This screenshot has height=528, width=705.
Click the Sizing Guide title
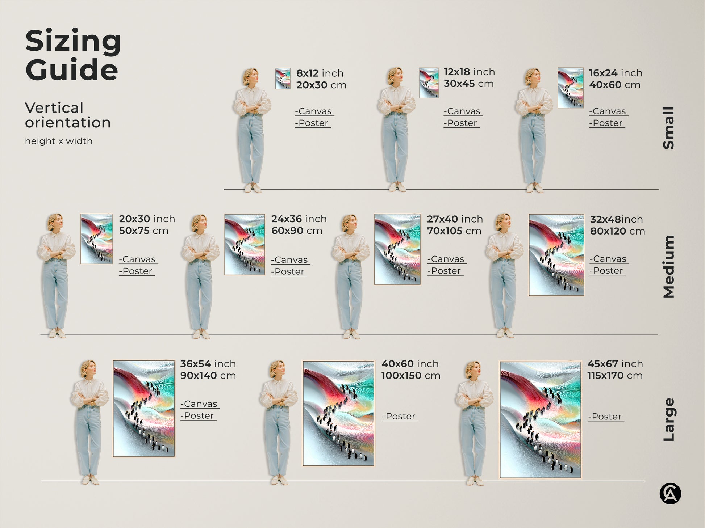(72, 55)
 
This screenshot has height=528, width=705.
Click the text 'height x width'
(59, 141)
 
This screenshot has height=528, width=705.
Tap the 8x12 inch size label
(320, 73)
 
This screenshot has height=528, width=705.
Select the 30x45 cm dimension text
(468, 84)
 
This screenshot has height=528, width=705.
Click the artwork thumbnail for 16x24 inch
(570, 88)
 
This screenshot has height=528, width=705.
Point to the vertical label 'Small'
(669, 128)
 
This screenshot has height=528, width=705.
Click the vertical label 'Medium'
(669, 267)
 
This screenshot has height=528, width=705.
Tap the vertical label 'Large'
(669, 419)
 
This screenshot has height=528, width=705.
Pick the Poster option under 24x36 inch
(289, 271)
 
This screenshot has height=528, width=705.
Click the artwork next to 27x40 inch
(397, 249)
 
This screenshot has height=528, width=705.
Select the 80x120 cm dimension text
(617, 231)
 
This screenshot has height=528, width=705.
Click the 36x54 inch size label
(208, 364)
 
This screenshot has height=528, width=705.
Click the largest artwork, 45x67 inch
(540, 419)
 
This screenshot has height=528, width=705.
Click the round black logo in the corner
(670, 494)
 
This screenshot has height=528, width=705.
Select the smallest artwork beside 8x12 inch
(283, 79)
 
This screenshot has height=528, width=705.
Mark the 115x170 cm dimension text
(615, 376)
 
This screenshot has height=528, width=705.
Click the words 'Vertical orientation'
(68, 115)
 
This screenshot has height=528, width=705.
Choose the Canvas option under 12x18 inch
(462, 111)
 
